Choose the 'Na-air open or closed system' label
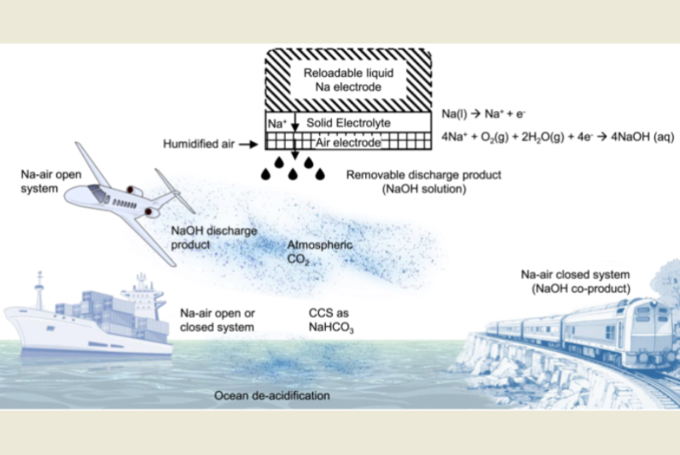point(218,318)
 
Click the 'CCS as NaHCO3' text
point(330,318)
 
